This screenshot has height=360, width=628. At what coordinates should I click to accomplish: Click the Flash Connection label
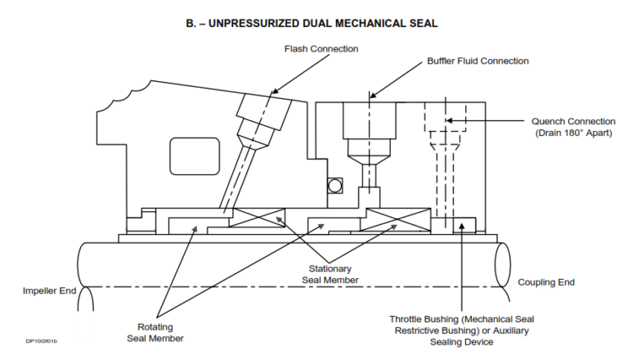tap(321, 49)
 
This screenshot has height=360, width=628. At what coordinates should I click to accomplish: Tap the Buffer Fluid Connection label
tap(478, 61)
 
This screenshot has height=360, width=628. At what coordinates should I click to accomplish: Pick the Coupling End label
tap(546, 282)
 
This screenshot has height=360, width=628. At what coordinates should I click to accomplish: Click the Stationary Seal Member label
tap(330, 274)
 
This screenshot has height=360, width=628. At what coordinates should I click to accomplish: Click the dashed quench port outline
tap(440, 131)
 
